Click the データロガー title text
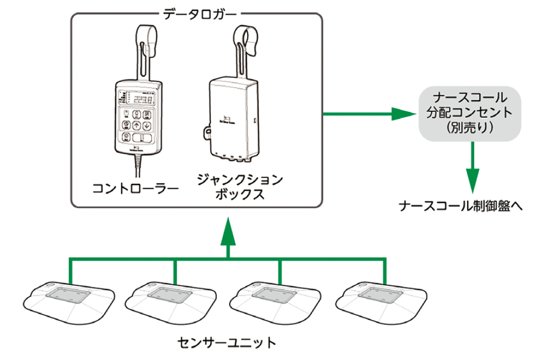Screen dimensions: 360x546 197,12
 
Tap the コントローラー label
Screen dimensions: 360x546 135,188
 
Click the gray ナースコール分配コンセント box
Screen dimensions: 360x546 470,115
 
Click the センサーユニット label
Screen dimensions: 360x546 227,343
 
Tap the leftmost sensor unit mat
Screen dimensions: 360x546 70,301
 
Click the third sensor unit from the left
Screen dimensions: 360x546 280,301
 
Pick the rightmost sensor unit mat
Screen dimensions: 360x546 385,301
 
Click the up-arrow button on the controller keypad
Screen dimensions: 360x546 137,126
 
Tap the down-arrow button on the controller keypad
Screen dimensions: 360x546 147,126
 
